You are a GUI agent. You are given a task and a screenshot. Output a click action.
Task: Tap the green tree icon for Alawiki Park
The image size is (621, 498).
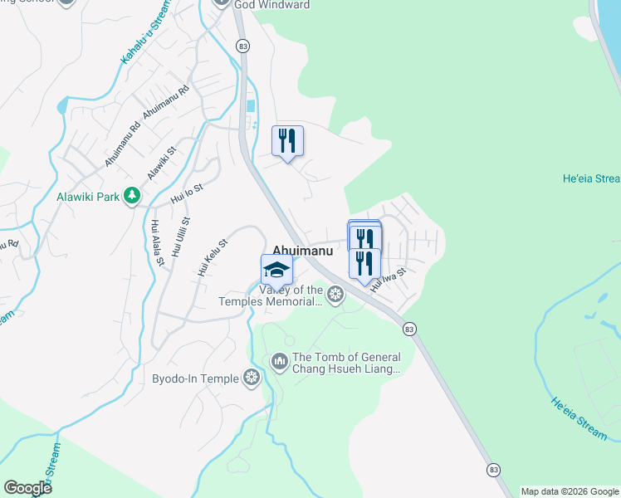tap(131, 196)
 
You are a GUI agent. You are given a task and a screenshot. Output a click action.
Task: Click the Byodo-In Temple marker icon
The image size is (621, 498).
tap(252, 378)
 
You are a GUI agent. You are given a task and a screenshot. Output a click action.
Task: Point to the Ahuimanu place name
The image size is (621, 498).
tap(303, 250)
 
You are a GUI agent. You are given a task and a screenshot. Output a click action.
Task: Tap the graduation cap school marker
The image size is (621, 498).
tap(276, 270)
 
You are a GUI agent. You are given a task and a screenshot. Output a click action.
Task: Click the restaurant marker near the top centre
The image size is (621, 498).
tap(288, 141)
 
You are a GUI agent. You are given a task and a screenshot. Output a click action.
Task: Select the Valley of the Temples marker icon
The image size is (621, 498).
tap(335, 293)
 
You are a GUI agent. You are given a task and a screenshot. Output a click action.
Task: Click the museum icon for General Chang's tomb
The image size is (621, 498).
tap(279, 361)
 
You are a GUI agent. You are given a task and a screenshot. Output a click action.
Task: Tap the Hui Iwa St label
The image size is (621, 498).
tap(388, 279)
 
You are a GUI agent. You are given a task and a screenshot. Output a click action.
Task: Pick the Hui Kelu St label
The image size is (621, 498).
tap(213, 257)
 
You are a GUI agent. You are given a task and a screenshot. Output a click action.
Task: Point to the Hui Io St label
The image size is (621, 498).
tap(187, 194)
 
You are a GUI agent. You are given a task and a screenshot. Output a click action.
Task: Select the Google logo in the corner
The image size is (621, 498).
tap(28, 488)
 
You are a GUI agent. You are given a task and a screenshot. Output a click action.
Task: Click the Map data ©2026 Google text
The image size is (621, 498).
tap(570, 491)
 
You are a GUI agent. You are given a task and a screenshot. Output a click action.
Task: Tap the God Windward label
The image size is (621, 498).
tap(271, 5)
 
